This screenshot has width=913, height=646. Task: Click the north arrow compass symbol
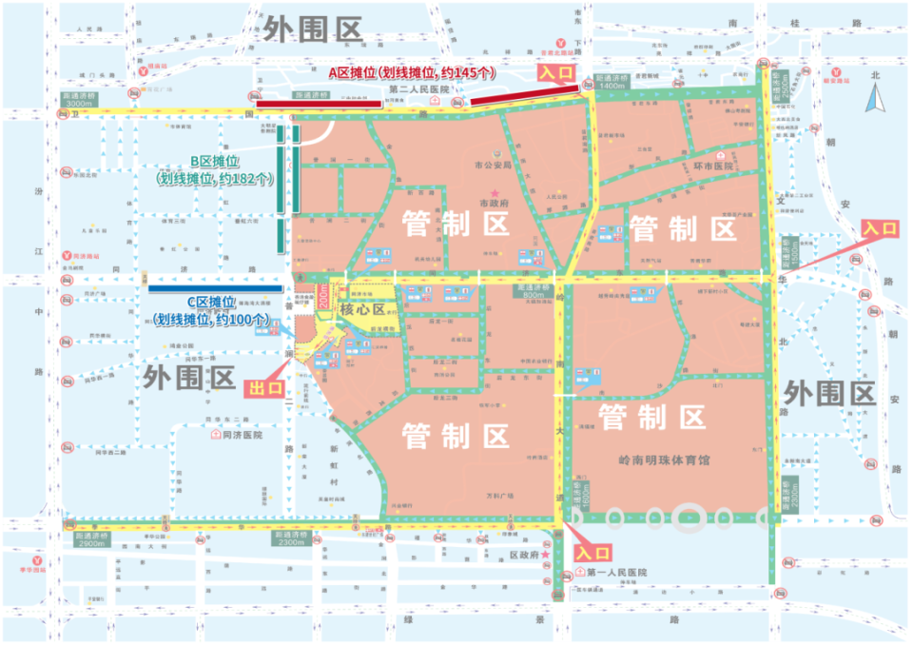pos(877,94)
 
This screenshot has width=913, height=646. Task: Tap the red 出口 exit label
pos(265,387)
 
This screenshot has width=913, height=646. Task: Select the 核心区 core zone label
pos(361,310)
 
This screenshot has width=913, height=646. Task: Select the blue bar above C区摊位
pos(215,286)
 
